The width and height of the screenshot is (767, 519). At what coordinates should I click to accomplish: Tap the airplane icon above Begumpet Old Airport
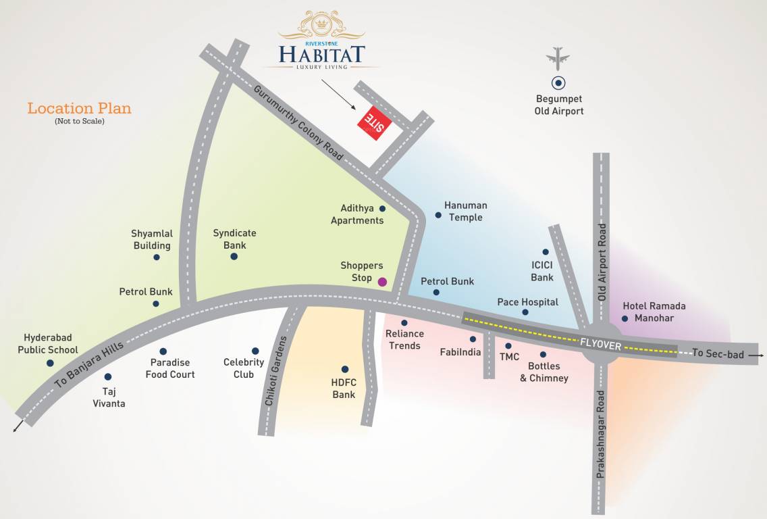(x=558, y=58)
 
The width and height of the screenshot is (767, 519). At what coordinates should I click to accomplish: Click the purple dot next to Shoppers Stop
(x=382, y=282)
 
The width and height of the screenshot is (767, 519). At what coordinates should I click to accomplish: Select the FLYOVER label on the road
(x=600, y=343)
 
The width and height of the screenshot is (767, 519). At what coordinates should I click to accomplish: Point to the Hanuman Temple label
(x=466, y=212)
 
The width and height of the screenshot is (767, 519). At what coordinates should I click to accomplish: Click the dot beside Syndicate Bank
(x=234, y=256)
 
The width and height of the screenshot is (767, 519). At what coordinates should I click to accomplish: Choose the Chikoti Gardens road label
(x=276, y=370)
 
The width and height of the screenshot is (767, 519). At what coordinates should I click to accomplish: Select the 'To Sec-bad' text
(x=718, y=354)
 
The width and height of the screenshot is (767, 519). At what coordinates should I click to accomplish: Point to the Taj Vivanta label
(x=109, y=397)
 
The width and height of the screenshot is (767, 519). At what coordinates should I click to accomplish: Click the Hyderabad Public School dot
(x=50, y=363)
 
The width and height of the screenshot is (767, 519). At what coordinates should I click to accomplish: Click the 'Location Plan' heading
(x=79, y=108)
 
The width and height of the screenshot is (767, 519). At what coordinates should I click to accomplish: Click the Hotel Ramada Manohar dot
(x=625, y=318)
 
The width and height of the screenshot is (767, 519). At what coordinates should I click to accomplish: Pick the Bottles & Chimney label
(x=544, y=372)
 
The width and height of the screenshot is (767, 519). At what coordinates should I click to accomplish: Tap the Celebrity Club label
(x=244, y=368)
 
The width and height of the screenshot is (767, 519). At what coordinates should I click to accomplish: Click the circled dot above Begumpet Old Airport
(x=558, y=84)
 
